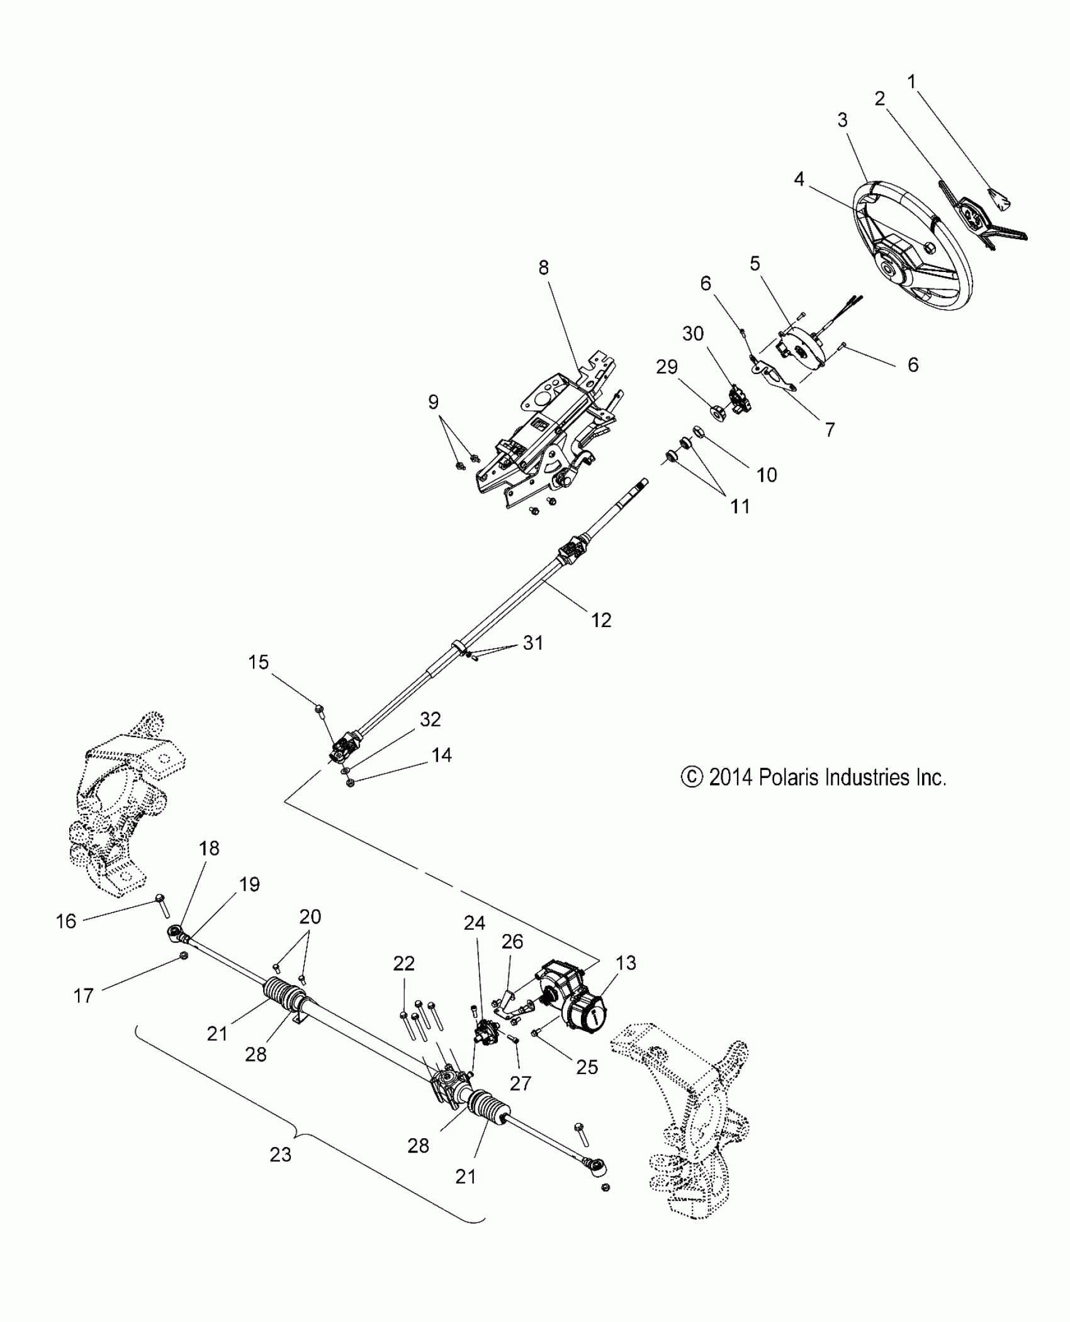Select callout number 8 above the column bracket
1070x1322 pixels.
tap(543, 268)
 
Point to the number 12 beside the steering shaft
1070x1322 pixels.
tap(601, 620)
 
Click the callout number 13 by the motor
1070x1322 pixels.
tap(626, 963)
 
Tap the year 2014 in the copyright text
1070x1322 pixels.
tap(730, 778)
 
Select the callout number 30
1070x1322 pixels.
tap(692, 334)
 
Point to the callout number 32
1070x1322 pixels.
tap(430, 719)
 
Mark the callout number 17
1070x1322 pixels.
tap(83, 995)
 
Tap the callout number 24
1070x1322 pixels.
tap(475, 923)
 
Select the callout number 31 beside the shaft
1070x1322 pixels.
tap(532, 643)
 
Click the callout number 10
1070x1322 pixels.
tap(767, 474)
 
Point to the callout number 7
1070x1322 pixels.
tap(830, 429)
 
